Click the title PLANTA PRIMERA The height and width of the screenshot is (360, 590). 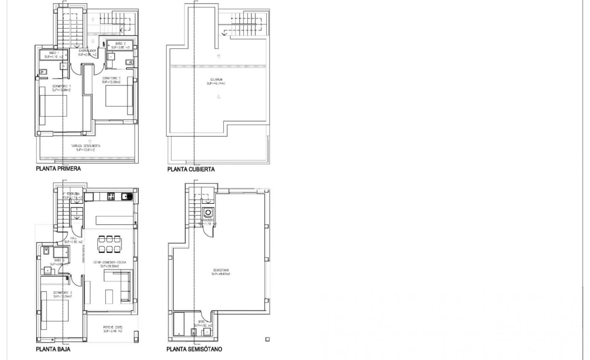coord(58,169)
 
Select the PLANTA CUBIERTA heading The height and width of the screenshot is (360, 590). coord(191,169)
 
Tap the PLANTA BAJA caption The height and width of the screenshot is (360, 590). coord(53,349)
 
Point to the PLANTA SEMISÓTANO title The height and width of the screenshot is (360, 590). coord(194,349)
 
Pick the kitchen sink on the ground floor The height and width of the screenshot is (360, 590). coord(129,196)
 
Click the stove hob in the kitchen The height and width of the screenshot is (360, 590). coord(112,196)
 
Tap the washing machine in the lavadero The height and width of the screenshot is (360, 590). coord(208,213)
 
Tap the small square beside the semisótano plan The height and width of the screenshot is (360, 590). coord(267,339)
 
